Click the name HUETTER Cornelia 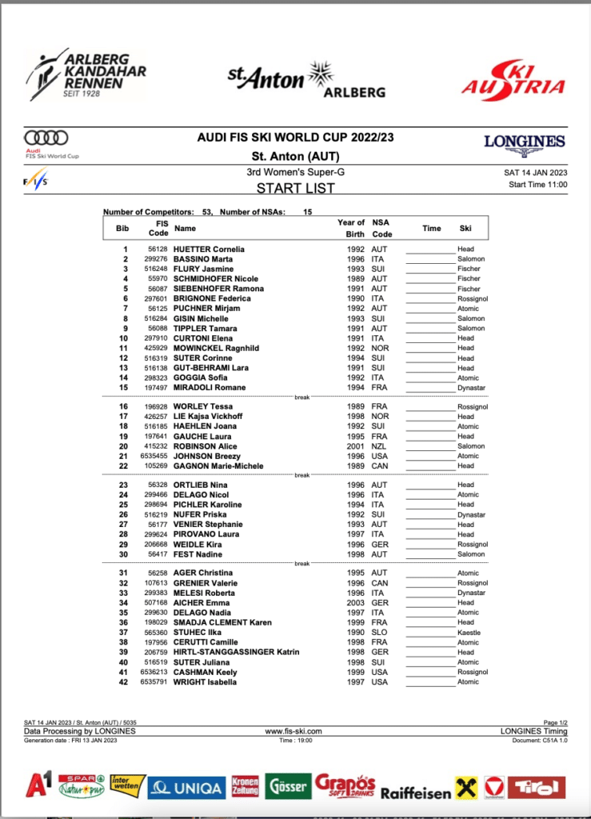[x=209, y=250]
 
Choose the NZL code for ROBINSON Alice [x=380, y=446]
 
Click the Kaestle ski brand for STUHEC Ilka [x=469, y=633]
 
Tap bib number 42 [x=123, y=682]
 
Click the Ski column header [x=465, y=228]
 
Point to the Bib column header [x=122, y=228]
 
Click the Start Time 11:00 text [x=537, y=185]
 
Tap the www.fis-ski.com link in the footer [x=294, y=731]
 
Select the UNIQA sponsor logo [x=186, y=788]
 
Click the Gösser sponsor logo [x=288, y=787]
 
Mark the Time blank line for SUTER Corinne [x=430, y=358]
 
